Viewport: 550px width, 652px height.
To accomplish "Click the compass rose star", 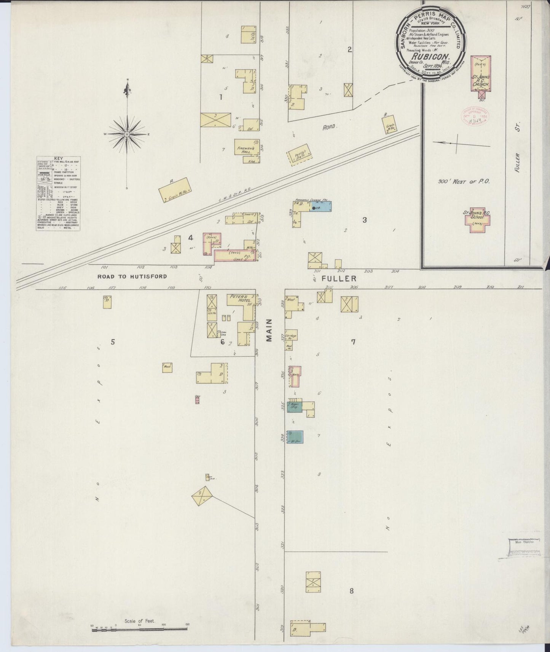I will tap(127, 134).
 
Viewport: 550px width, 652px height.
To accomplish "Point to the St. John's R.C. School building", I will tap(478, 219).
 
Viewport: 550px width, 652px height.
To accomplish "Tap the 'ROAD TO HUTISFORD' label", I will tap(132, 277).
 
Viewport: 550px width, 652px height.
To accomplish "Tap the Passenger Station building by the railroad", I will tap(300, 157).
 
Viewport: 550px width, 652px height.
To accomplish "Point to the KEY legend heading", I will tap(58, 158).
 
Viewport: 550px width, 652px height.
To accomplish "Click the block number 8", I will tap(352, 591).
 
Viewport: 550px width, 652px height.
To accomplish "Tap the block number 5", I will tap(113, 342).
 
